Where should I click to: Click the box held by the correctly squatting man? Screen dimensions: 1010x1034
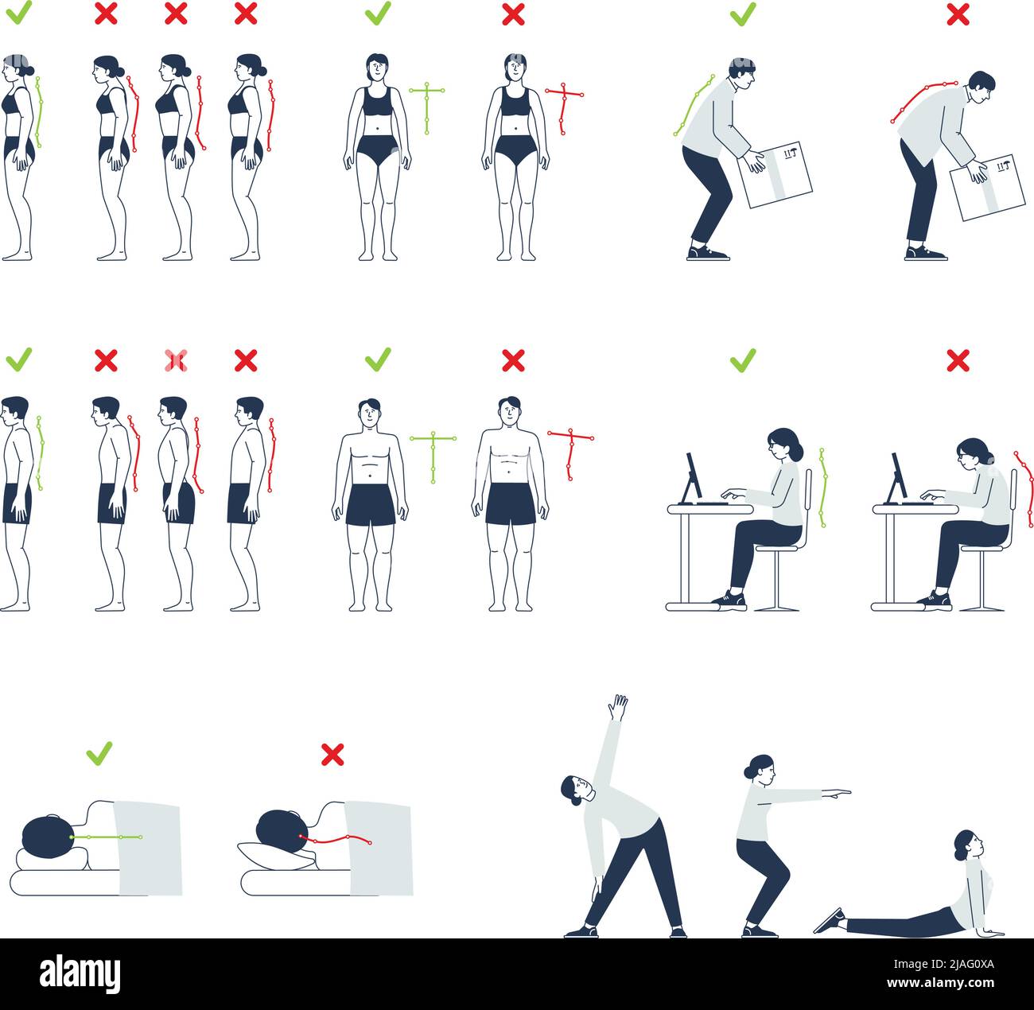point(776,176)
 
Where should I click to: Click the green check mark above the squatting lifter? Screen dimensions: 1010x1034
point(743,14)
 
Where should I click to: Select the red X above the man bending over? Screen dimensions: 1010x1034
point(958,14)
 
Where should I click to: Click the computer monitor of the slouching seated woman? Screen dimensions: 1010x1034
point(897,478)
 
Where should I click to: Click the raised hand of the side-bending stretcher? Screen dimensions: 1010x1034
point(617,706)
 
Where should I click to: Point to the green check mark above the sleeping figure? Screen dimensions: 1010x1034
point(99,752)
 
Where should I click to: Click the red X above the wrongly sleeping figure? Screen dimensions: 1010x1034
point(332,754)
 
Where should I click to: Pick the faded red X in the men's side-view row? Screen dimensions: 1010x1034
point(176,361)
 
